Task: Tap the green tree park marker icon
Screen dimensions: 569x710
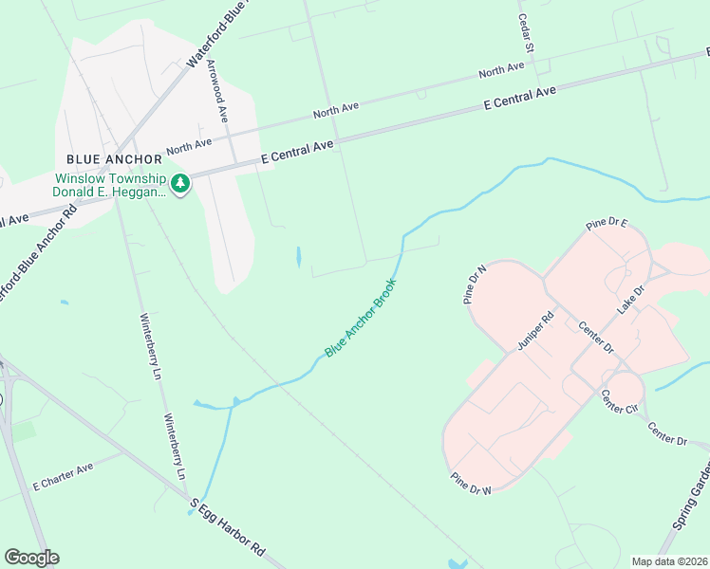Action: point(180,183)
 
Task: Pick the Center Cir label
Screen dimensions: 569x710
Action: point(619,403)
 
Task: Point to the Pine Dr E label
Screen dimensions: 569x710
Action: point(607,224)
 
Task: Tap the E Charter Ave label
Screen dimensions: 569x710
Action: point(64,475)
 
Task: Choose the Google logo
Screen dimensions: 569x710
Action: point(31,558)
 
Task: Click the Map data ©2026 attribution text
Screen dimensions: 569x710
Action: point(669,561)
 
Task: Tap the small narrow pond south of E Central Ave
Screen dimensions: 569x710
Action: point(299,256)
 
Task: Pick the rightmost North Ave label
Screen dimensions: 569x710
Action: point(501,70)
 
